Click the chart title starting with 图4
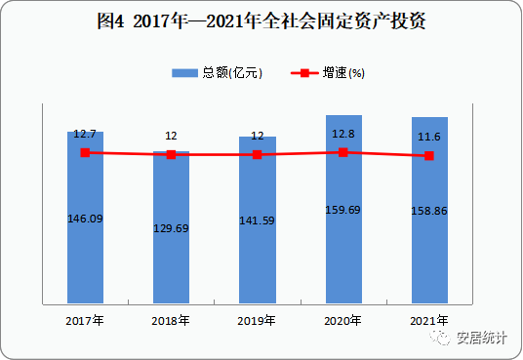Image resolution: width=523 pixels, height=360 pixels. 261,20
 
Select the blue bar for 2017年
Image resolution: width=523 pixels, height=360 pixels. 85,254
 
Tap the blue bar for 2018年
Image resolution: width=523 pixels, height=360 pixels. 171,263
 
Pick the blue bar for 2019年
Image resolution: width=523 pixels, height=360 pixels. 257,259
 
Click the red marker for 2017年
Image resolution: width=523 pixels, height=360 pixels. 85,152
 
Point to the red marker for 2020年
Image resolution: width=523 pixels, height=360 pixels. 342,152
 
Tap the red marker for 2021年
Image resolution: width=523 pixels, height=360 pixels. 429,156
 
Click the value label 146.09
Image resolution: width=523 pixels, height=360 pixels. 85,219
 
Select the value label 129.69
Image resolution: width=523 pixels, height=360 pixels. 171,227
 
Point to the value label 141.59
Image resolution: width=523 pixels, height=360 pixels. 257,221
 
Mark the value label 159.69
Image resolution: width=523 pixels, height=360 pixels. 342,210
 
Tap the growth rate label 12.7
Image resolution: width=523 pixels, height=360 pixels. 85,134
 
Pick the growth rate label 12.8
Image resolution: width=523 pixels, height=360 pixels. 342,134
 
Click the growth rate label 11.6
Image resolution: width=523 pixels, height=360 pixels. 429,138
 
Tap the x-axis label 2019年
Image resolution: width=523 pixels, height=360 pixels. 257,320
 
